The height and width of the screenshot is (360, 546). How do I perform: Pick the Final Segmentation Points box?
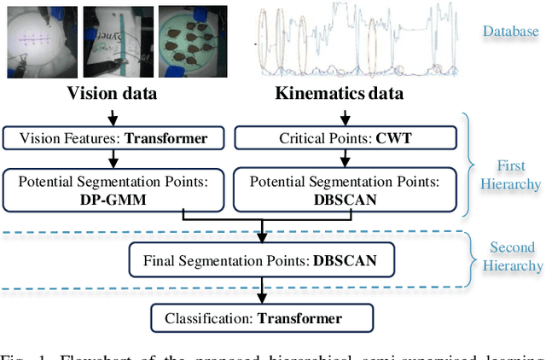pos(262,259)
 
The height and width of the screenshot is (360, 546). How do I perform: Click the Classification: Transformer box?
pos(262,319)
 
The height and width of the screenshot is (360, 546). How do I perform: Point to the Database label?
pos(511,32)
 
